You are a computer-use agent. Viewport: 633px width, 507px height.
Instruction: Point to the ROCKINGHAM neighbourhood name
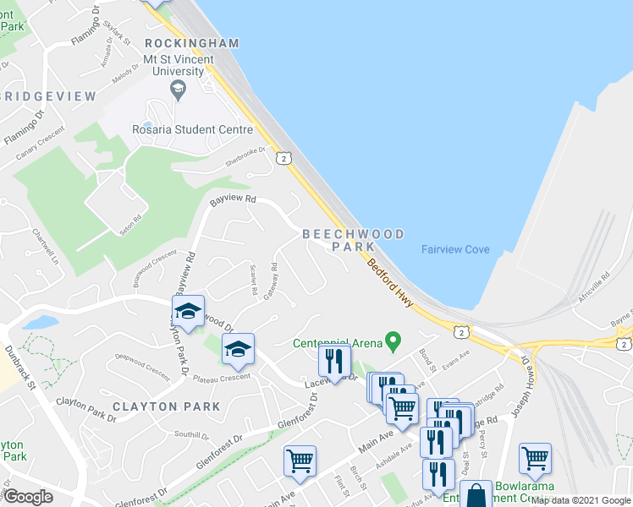click(192, 43)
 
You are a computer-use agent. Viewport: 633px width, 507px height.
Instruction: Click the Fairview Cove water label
click(455, 249)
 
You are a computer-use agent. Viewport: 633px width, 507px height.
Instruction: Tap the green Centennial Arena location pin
click(392, 341)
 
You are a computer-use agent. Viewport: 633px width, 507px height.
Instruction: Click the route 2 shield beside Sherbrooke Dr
click(283, 158)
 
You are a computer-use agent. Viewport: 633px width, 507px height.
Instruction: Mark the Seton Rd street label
click(130, 225)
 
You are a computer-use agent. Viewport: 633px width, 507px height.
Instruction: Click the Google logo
click(29, 498)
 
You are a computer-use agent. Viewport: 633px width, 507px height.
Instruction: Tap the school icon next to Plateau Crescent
click(238, 349)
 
